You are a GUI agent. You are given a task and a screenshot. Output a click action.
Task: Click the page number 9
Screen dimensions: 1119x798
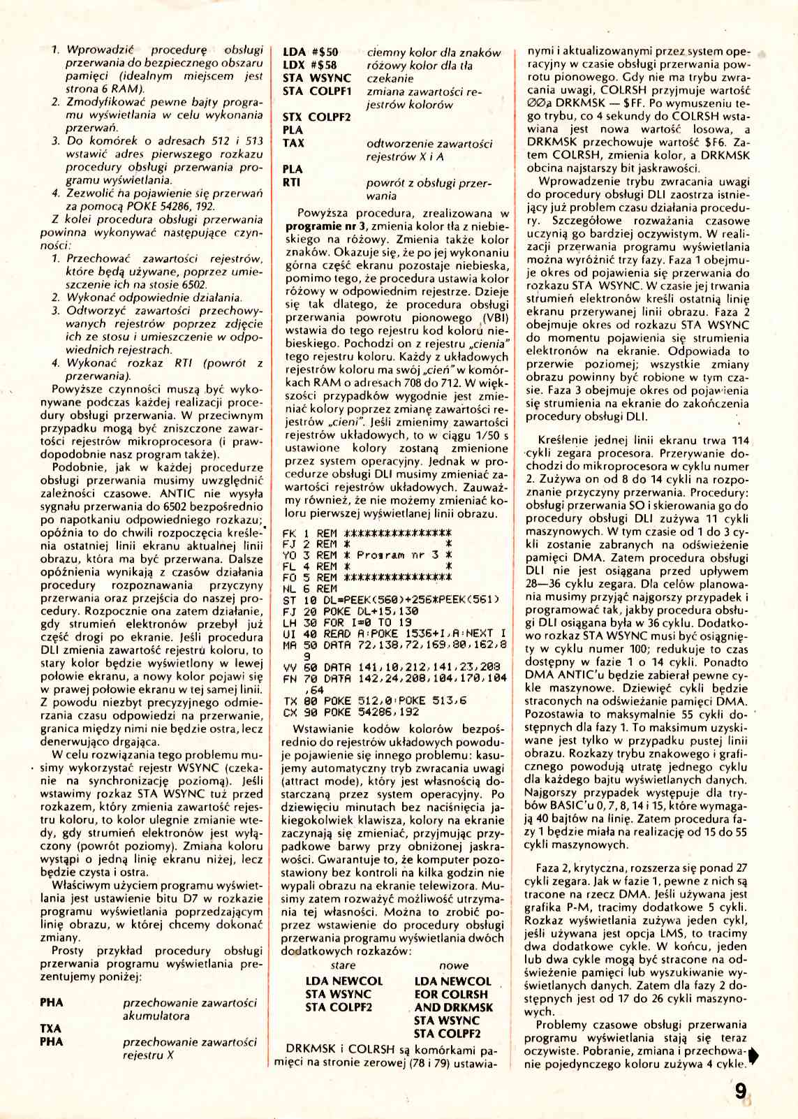coord(741,1090)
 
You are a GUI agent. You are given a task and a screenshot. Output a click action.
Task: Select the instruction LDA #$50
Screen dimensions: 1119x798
coord(311,52)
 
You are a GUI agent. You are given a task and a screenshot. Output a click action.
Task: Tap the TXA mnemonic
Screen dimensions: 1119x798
coord(51,1028)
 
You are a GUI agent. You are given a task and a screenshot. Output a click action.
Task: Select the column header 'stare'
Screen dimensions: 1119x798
coord(343,965)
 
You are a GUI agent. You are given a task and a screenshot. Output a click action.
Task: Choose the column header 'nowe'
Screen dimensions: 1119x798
coord(454,965)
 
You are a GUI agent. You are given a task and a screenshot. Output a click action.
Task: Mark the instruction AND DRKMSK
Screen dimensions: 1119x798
coord(453,1007)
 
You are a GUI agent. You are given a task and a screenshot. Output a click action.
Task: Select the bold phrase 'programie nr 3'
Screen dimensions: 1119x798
coord(326,226)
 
